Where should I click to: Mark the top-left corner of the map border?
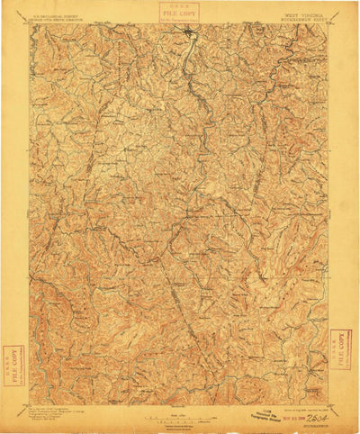point(30,24)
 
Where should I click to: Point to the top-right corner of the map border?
point(329,24)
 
